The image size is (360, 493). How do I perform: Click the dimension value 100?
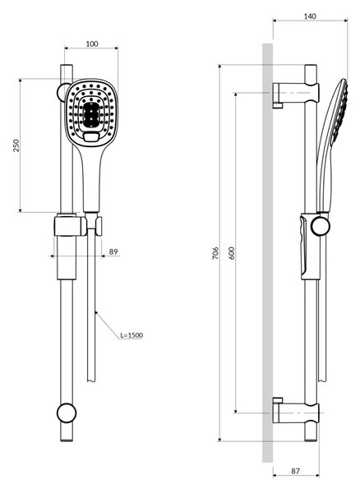pyautogui.click(x=92, y=44)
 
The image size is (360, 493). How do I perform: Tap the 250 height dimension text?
pyautogui.click(x=16, y=145)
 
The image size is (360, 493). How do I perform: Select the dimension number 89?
pyautogui.click(x=113, y=251)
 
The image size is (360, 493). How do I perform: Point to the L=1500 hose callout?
pyautogui.click(x=132, y=335)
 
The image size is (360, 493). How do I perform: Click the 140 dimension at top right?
pyautogui.click(x=310, y=16)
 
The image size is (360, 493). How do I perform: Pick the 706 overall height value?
pyautogui.click(x=215, y=253)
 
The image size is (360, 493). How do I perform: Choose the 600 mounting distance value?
pyautogui.click(x=232, y=253)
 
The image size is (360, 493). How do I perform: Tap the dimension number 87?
pyautogui.click(x=295, y=471)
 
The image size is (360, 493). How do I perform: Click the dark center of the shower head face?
pyautogui.click(x=91, y=115)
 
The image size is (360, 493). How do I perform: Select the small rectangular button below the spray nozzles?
pyautogui.click(x=91, y=137)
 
